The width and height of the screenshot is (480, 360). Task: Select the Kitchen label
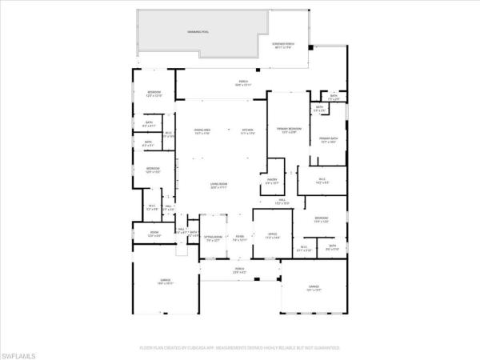pyautogui.click(x=248, y=131)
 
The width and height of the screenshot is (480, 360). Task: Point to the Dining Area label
pyautogui.click(x=202, y=131)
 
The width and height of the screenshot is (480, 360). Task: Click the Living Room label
pyautogui.click(x=219, y=186)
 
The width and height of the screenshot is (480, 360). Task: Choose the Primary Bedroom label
pyautogui.click(x=288, y=130)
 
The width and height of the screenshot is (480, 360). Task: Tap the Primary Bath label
pyautogui.click(x=328, y=140)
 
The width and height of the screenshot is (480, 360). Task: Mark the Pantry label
pyautogui.click(x=271, y=181)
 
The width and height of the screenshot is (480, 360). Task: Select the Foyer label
pyautogui.click(x=239, y=238)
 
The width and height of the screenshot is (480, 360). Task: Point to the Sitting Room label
pyautogui.click(x=213, y=238)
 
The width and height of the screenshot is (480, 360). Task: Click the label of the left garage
pyautogui.click(x=166, y=282)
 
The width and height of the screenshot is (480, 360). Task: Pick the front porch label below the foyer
pyautogui.click(x=239, y=271)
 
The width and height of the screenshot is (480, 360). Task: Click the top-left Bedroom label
pyautogui.click(x=154, y=94)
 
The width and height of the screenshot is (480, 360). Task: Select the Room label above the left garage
pyautogui.click(x=154, y=234)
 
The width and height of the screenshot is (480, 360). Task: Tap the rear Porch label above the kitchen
pyautogui.click(x=242, y=82)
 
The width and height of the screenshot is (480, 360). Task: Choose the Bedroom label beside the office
pyautogui.click(x=322, y=220)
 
